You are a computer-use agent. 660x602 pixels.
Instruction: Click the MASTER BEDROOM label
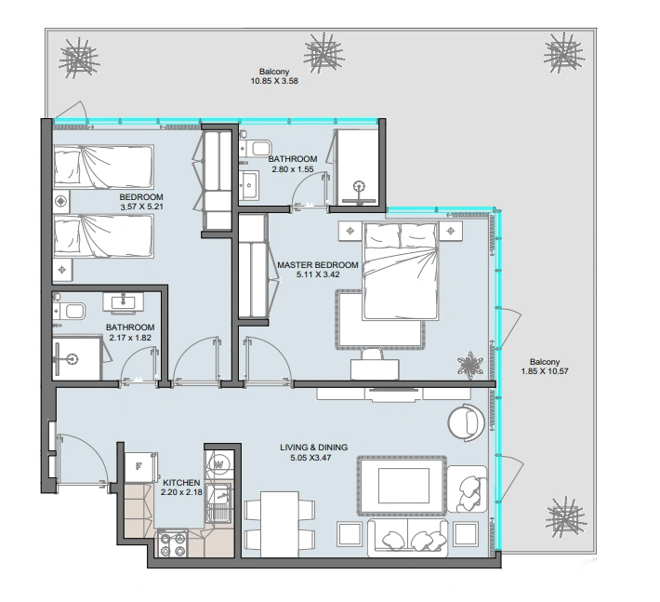tap(318, 265)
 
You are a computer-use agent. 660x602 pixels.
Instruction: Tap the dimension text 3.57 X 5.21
tap(141, 207)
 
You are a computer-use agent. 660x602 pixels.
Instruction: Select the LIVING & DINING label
tap(314, 448)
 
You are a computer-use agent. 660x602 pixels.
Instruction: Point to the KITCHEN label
tap(181, 483)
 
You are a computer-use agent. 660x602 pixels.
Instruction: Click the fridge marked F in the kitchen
tap(140, 467)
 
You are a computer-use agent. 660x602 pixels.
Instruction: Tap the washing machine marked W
tap(218, 465)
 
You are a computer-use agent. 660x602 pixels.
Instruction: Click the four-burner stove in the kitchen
tap(173, 544)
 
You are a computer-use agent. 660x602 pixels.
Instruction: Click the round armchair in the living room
tap(467, 422)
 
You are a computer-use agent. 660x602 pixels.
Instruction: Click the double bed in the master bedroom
tap(401, 271)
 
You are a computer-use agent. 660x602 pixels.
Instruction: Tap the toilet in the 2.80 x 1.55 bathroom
tap(256, 148)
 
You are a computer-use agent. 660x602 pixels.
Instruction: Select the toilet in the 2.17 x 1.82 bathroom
tap(70, 312)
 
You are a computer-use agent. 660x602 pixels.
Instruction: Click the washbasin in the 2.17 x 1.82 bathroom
tap(124, 302)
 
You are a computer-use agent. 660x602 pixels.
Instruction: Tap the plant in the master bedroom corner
tap(470, 366)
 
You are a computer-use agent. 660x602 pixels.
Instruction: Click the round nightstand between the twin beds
tap(61, 201)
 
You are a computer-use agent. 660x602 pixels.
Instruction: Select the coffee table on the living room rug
tap(403, 486)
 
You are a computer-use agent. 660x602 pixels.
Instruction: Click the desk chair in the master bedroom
tap(373, 355)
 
